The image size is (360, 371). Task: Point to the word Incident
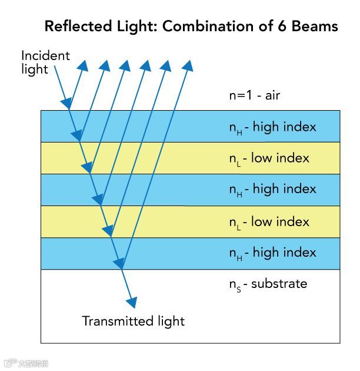[45, 56]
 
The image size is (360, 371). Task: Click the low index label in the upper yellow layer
[269, 158]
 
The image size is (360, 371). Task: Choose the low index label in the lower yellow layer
[269, 221]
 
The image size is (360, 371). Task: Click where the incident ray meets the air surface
[69, 110]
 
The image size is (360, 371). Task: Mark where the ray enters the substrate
[121, 269]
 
